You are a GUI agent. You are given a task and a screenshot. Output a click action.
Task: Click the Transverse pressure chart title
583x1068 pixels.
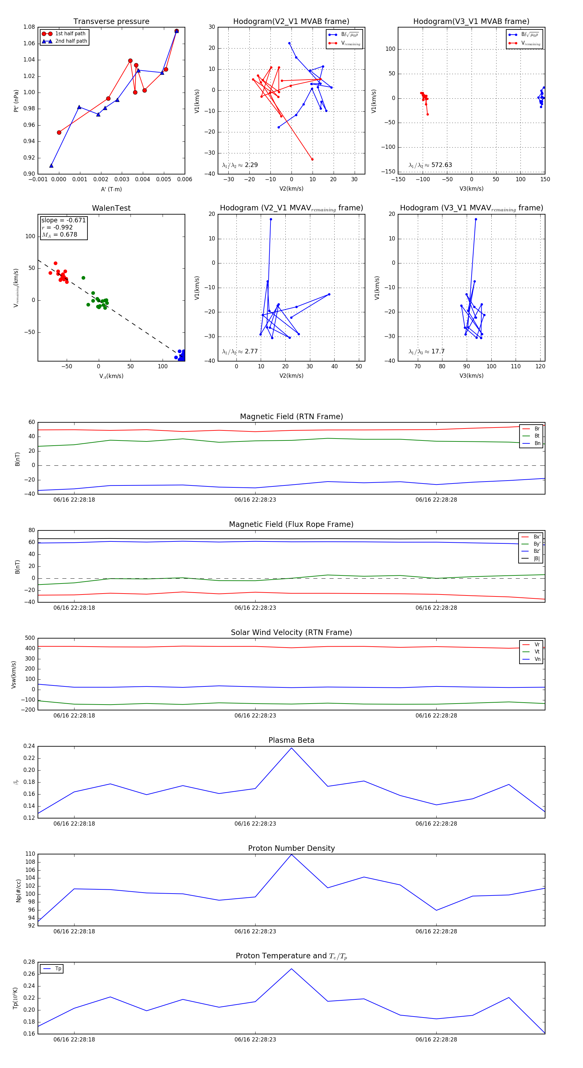(111, 22)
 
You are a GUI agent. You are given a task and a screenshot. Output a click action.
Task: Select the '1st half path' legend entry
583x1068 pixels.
(70, 34)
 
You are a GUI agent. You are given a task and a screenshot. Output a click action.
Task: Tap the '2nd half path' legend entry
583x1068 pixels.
(71, 41)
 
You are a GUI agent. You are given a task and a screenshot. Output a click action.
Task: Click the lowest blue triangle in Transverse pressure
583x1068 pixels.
(51, 166)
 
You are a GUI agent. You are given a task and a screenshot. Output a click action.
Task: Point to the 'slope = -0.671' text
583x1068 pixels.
(63, 220)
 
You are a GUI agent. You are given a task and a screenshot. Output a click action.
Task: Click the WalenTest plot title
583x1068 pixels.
(111, 208)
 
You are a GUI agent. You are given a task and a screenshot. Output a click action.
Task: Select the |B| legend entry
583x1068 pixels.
(536, 559)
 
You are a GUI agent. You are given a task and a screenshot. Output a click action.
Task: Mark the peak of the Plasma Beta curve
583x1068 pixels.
(291, 748)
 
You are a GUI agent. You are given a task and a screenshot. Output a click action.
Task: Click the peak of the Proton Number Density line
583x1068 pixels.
(291, 854)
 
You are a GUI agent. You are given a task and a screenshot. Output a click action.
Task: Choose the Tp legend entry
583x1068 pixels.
(58, 969)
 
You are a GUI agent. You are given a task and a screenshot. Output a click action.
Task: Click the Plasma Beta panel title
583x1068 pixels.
(291, 740)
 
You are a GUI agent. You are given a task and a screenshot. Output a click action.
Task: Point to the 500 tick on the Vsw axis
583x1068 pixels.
(29, 638)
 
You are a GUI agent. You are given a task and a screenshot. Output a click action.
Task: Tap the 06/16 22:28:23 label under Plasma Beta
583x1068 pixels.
(255, 824)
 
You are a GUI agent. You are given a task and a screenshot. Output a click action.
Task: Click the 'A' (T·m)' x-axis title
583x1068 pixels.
(111, 189)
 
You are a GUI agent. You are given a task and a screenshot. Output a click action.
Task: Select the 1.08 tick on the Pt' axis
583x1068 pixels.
(29, 27)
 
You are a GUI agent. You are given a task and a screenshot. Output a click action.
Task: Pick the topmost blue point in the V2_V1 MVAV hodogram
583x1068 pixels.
(270, 219)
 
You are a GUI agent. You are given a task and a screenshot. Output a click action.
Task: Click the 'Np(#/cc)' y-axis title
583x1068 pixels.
(18, 890)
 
